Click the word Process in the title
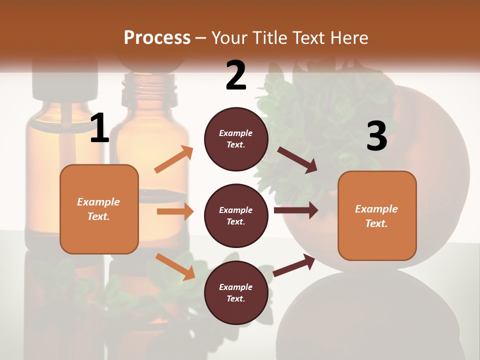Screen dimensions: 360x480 [x=157, y=37]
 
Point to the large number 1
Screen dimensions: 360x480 [x=99, y=128]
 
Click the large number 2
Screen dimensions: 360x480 [x=236, y=75]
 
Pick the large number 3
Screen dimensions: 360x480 [x=376, y=136]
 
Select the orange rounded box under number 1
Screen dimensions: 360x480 [x=99, y=209]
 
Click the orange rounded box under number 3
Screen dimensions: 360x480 [x=377, y=215]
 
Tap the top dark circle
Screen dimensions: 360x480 [x=236, y=139]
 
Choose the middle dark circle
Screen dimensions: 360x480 [x=236, y=215]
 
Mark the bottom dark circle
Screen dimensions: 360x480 [x=236, y=292]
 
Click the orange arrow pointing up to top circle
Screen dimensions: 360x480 [x=173, y=160]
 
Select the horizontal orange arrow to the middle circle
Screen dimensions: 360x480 [x=174, y=211]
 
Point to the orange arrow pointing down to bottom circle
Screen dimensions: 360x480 [x=175, y=266]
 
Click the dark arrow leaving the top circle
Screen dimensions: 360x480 [x=297, y=160]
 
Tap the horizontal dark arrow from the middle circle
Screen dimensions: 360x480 [x=295, y=210]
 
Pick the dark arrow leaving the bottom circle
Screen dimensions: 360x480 [x=294, y=265]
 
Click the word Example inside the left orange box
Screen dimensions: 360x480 [x=98, y=202]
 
